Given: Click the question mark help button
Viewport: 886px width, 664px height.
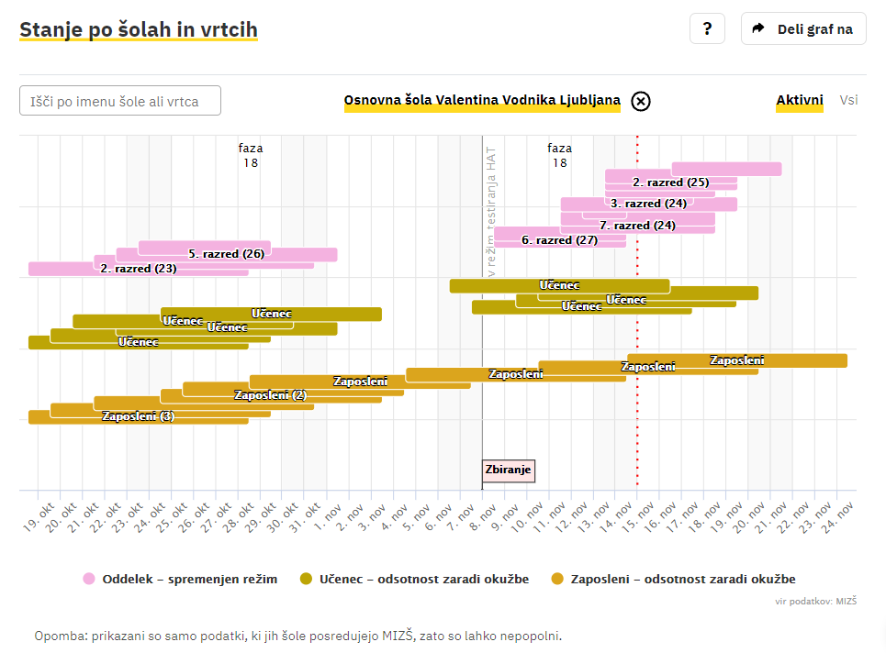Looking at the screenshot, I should [x=707, y=28].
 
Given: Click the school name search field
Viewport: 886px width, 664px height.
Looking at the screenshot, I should [x=120, y=101].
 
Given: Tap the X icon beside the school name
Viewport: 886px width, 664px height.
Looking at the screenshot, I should [x=641, y=101].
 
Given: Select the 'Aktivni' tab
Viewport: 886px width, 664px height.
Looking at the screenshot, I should [x=800, y=100].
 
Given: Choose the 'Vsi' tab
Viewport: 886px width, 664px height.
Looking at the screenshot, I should [x=848, y=100].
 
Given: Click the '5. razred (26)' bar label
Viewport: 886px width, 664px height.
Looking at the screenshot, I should [x=227, y=254].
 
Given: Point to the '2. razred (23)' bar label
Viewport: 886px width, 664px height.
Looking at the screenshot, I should [x=139, y=270].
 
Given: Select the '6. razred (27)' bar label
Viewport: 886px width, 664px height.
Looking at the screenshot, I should [x=559, y=240].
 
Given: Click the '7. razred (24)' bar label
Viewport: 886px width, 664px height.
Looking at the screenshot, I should [x=637, y=226].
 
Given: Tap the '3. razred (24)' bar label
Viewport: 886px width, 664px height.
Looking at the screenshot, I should [x=648, y=204].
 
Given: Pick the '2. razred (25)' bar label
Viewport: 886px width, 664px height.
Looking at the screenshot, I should [x=671, y=183].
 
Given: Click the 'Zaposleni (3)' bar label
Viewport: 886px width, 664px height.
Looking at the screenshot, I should [x=138, y=416].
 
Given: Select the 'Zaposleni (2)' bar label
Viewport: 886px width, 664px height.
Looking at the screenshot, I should [x=270, y=395].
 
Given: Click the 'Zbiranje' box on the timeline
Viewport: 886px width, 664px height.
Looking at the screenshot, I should [x=508, y=470].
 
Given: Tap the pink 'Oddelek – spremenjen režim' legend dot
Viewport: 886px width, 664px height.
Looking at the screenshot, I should [x=89, y=579].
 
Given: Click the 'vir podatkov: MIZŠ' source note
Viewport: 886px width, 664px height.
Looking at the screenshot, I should [x=816, y=601].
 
